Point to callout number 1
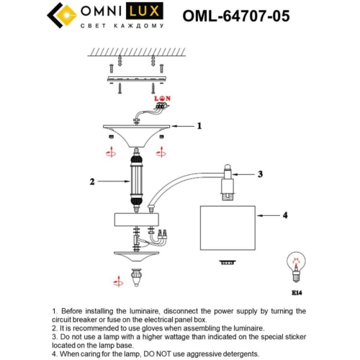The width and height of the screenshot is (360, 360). coord(199,125)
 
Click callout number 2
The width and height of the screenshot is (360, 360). coord(92,182)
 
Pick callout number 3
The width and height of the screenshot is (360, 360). coord(261,174)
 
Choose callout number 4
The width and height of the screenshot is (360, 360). coord(285,215)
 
